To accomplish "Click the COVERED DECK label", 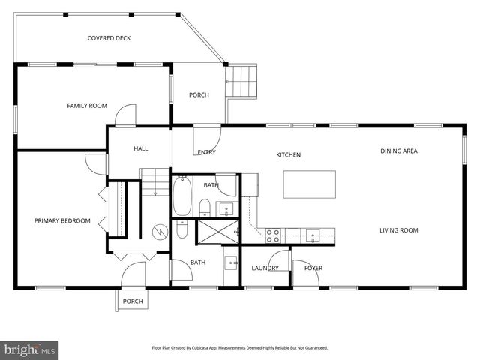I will (x=109, y=38).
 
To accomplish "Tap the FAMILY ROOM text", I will (x=87, y=106).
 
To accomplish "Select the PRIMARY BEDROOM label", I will (x=62, y=220).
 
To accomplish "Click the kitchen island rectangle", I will (x=309, y=184).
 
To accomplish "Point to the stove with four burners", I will (x=273, y=235).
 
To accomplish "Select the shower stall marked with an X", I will (x=216, y=232).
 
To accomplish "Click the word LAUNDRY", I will (x=265, y=268).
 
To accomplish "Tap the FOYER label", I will (x=313, y=268).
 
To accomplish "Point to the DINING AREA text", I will (x=398, y=151).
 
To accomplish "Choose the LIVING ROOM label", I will (x=398, y=230).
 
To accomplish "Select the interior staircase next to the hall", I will (x=154, y=182).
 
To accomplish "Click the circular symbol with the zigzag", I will (x=159, y=232).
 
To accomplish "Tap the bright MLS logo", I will (x=30, y=349).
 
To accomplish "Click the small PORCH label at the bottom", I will (x=133, y=301).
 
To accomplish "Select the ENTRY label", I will (x=207, y=152).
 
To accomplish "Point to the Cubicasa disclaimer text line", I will (x=240, y=348).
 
